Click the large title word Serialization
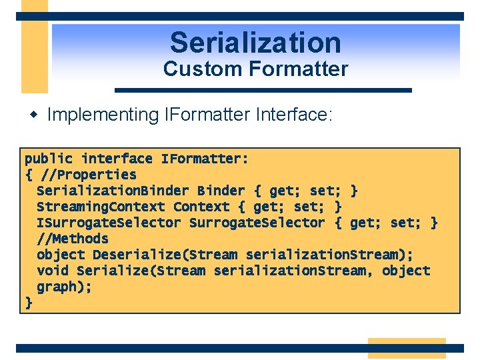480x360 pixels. coord(255,43)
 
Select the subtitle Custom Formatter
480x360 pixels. coord(255,69)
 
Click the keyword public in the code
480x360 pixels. coord(49,159)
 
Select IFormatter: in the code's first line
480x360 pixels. coord(205,159)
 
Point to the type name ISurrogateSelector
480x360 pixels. coord(109,223)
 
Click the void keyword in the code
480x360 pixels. coord(53,271)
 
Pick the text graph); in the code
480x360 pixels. coord(64,287)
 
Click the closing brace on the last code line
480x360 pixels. coord(29,303)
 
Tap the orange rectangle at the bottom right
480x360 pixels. coord(407,348)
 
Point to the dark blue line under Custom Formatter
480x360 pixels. coord(263,90)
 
